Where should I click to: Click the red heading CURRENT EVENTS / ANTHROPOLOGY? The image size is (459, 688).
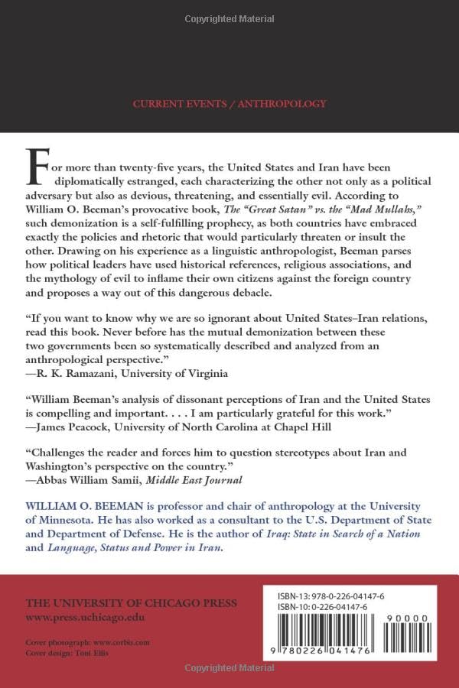tap(229, 104)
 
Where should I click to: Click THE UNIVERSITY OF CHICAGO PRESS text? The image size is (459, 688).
tap(132, 603)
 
